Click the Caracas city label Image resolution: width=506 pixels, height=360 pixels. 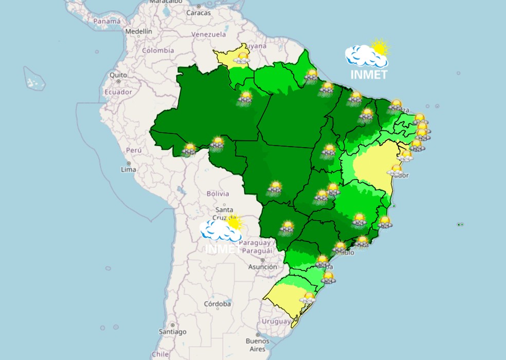(x=198, y=13)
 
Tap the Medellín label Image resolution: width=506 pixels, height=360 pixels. (x=139, y=31)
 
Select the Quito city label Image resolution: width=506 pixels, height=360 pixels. (x=118, y=75)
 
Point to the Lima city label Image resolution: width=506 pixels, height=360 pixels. (x=128, y=169)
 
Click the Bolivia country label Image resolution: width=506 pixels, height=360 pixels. (x=217, y=194)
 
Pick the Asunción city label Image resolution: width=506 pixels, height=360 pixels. (x=262, y=267)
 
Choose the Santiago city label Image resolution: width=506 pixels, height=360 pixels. (x=172, y=332)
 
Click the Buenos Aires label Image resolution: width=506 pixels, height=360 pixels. (x=257, y=345)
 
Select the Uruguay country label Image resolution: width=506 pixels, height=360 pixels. (x=276, y=321)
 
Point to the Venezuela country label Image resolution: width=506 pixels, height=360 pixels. (x=208, y=34)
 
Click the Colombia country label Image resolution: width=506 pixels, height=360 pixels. (x=158, y=50)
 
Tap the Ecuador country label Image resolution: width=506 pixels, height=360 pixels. (x=118, y=92)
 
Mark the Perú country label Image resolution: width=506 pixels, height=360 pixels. (x=134, y=150)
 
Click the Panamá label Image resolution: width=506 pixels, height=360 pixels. (x=107, y=21)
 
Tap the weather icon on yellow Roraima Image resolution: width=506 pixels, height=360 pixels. (x=242, y=58)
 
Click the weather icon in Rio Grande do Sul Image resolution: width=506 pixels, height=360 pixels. (x=308, y=298)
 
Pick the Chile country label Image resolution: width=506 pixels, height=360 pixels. (x=160, y=354)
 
